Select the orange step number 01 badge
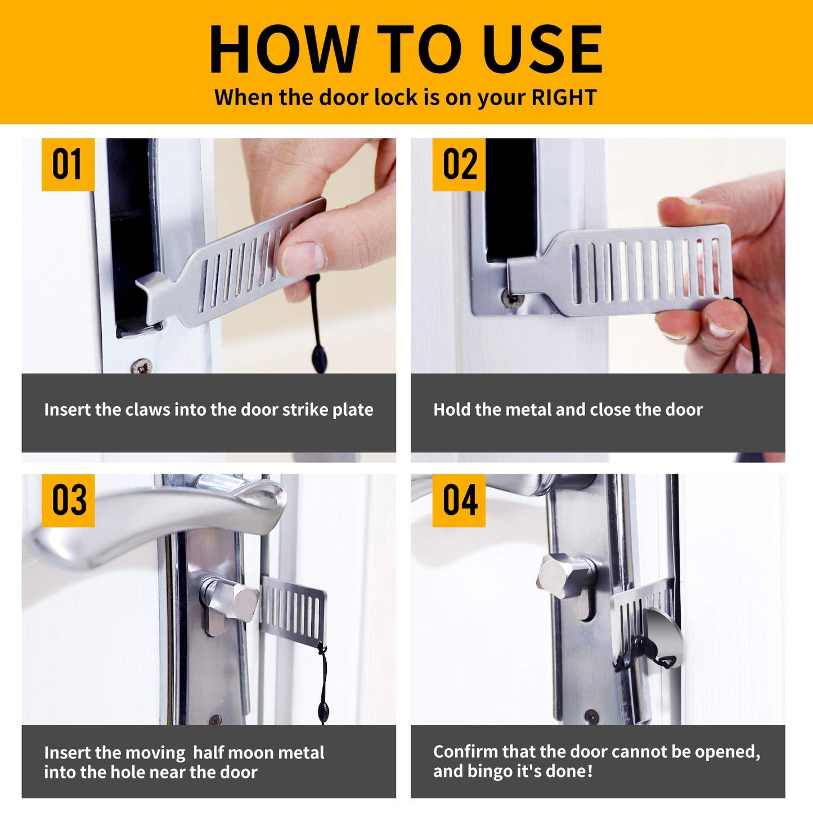coord(68,165)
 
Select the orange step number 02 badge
coord(459,165)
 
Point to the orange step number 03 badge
coord(68,500)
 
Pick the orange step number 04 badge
coord(459,500)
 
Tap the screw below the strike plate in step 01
coord(141,366)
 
